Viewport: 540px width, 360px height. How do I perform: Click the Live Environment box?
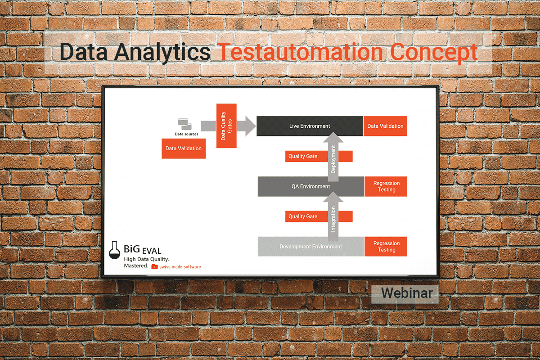tap(310, 126)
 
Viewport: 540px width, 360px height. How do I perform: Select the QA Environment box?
tap(311, 186)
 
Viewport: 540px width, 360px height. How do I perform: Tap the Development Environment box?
tap(311, 247)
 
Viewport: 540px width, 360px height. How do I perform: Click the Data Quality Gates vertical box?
tap(226, 126)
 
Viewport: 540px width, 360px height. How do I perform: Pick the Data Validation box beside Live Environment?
tap(385, 126)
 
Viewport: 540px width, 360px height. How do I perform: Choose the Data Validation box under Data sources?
tap(184, 148)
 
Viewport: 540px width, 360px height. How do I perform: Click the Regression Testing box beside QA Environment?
tap(386, 186)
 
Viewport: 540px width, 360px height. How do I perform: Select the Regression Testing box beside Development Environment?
tap(386, 247)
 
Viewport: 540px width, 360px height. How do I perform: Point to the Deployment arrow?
tap(333, 157)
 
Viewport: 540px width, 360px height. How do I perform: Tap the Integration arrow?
tap(333, 216)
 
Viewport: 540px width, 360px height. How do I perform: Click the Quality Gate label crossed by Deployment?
tap(319, 156)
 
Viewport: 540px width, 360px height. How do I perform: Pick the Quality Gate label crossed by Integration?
tap(319, 216)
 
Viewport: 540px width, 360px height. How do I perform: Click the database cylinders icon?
tap(184, 124)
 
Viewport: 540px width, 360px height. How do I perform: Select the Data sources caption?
tap(186, 134)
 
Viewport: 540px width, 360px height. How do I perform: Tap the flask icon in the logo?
tap(114, 250)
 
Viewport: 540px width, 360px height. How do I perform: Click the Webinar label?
tap(407, 293)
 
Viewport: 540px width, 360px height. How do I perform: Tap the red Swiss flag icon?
tap(154, 267)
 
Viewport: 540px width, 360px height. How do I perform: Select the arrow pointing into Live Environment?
tap(246, 126)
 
